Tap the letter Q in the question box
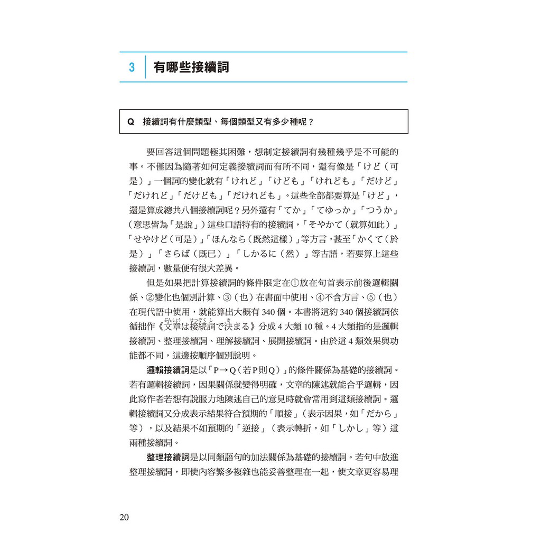coord(131,122)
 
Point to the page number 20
coord(124,517)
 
